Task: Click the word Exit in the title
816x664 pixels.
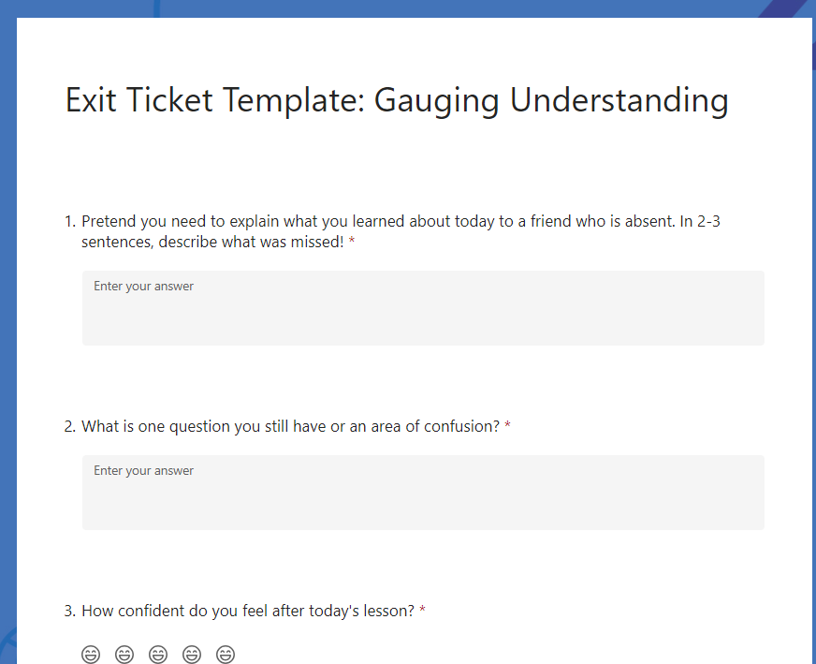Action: coord(91,99)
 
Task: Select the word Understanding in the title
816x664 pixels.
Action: coord(619,99)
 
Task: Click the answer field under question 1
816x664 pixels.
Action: coord(423,308)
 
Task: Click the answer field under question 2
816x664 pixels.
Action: coord(423,492)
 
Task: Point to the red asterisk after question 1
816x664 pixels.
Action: coord(352,240)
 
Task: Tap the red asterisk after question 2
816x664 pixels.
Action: coord(507,424)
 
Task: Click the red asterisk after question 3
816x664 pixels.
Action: coord(423,609)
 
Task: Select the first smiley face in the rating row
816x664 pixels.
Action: coord(91,654)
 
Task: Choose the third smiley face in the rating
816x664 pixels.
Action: coord(158,654)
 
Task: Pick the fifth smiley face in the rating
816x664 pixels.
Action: coord(226,654)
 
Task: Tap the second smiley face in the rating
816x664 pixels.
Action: coord(124,654)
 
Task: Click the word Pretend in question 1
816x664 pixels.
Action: coord(109,221)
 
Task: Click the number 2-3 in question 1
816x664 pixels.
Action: coord(708,221)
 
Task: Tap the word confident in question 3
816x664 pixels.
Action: coord(151,611)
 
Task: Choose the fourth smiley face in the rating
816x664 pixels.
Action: coord(192,654)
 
